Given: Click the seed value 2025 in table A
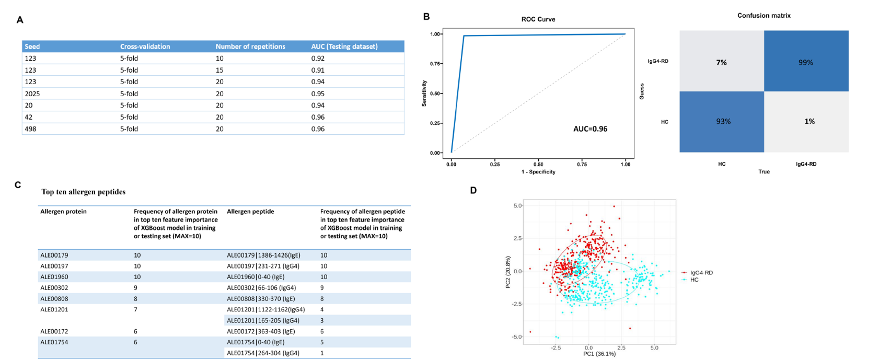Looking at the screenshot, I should pyautogui.click(x=32, y=94).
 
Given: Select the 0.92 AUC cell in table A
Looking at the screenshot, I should pyautogui.click(x=318, y=59).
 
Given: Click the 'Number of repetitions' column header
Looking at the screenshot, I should pyautogui.click(x=250, y=47).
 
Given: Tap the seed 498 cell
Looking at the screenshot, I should pyautogui.click(x=31, y=129).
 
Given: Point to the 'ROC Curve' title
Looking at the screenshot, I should pyautogui.click(x=538, y=19).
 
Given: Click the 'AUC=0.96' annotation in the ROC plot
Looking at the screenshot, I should pyautogui.click(x=590, y=129).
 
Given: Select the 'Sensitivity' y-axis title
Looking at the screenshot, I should pyautogui.click(x=424, y=94).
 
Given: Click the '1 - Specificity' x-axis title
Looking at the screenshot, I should pyautogui.click(x=538, y=172).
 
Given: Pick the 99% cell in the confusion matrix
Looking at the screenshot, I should pyautogui.click(x=805, y=62).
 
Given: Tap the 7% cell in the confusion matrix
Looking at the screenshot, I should pyautogui.click(x=721, y=62).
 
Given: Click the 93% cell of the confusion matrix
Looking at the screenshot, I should pyautogui.click(x=723, y=121).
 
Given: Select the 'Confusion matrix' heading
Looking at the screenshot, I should pyautogui.click(x=764, y=16).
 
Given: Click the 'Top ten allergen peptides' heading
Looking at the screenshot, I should pyautogui.click(x=84, y=192).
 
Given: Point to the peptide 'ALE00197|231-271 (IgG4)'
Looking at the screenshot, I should pyautogui.click(x=263, y=266).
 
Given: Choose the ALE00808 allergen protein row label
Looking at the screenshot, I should pyautogui.click(x=54, y=299).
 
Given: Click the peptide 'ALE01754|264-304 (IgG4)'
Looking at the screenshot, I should pyautogui.click(x=263, y=353).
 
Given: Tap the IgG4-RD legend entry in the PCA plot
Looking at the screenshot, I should pyautogui.click(x=701, y=273).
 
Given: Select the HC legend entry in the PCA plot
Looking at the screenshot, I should pyautogui.click(x=694, y=280).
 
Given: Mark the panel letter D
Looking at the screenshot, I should pyautogui.click(x=473, y=190).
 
